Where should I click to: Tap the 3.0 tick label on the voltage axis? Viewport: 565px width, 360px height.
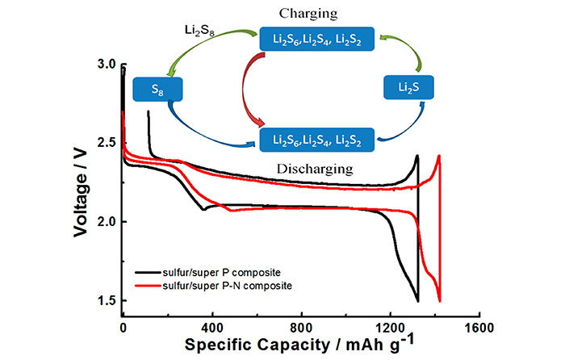106,64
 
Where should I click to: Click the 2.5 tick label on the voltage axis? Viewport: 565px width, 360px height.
106,143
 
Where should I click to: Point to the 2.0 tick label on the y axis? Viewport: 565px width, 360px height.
106,222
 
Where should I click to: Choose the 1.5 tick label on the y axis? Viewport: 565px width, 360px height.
106,301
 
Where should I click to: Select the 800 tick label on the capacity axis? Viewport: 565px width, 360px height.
301,329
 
